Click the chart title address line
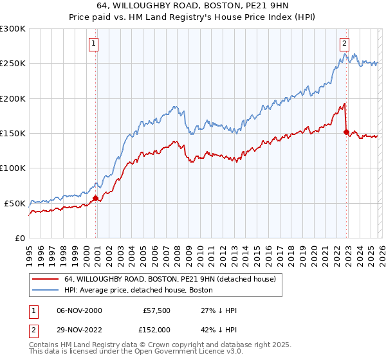[193, 6]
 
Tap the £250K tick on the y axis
[13, 64]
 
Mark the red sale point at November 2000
[96, 198]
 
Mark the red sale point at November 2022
[347, 132]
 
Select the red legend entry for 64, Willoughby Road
[170, 279]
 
